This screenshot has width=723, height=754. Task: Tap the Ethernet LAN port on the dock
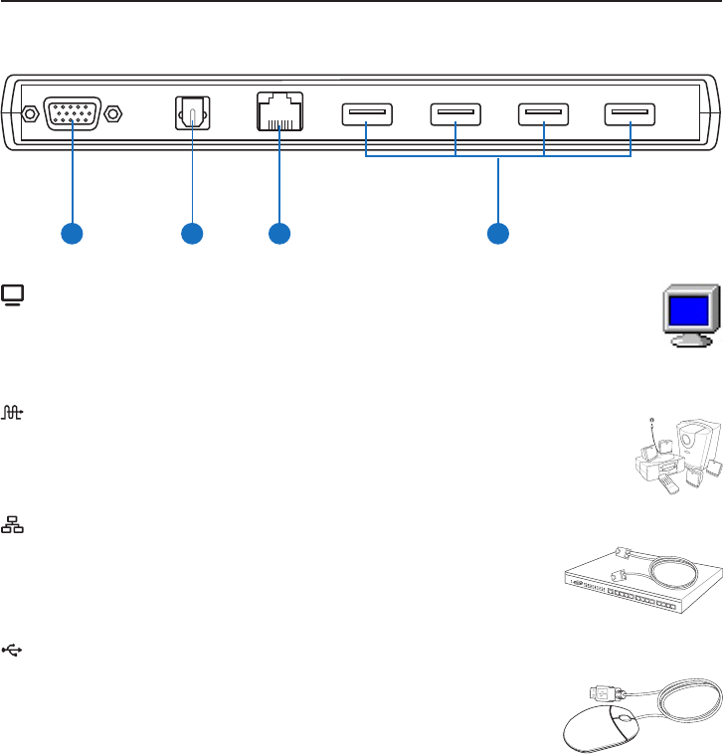[x=278, y=111]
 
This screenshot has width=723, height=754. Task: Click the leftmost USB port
[x=366, y=114]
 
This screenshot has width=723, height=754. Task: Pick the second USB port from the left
[x=455, y=114]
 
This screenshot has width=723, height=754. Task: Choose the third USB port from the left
[x=544, y=114]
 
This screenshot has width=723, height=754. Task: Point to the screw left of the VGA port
[x=30, y=114]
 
